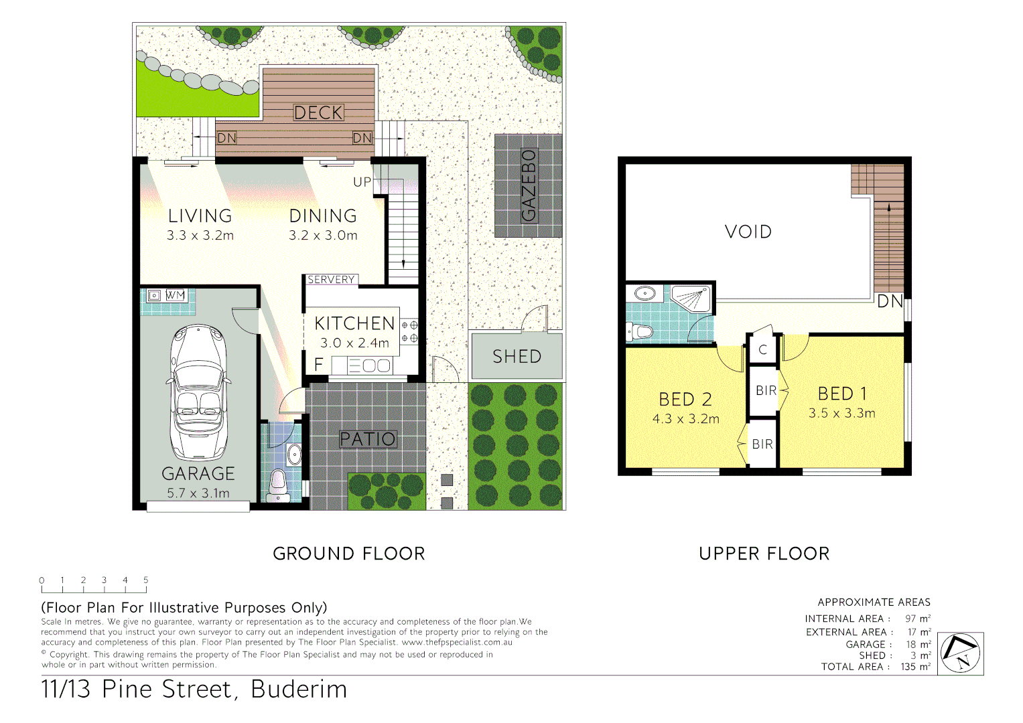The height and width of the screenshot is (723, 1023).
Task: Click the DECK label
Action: pos(318,112)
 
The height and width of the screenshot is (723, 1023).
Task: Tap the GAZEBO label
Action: pos(529,185)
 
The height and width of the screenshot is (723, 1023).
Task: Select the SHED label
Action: pos(517,357)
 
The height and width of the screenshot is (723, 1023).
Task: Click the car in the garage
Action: pos(198,392)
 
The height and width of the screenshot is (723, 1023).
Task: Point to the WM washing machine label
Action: pos(175,295)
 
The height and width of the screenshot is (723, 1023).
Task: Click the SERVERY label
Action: pos(331,280)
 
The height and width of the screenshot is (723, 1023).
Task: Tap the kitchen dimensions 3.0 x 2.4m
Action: pos(354,343)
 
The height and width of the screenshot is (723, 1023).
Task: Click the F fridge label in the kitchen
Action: pos(319,364)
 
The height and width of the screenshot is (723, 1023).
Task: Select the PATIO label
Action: pos(368,439)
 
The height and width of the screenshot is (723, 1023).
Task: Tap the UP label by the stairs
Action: pos(362,182)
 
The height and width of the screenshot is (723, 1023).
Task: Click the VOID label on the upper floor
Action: pos(748,232)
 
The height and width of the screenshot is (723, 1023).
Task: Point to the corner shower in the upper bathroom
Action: pos(691,299)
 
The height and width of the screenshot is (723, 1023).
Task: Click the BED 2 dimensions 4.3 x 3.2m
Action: pos(685,419)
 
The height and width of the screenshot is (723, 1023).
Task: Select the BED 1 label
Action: pos(842,394)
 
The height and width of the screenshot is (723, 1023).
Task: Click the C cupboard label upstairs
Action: pos(762,350)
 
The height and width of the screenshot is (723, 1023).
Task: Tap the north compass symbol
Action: pos(960,653)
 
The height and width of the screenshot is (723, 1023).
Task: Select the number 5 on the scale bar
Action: pos(145,580)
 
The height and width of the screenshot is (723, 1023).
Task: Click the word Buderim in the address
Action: pos(299,690)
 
